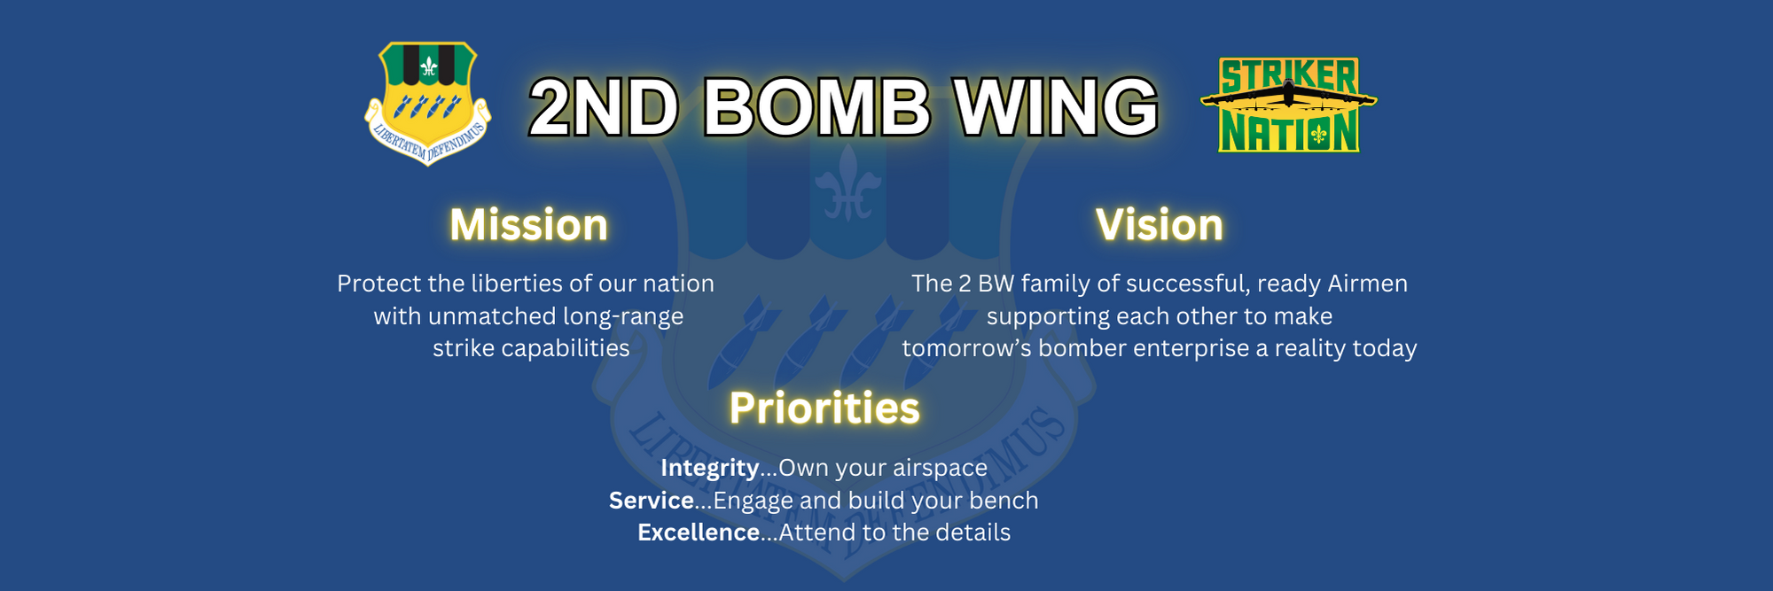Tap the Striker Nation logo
[x=1288, y=105]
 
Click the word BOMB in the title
[x=816, y=107]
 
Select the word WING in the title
[x=1056, y=107]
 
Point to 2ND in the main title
[x=604, y=107]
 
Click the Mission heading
[x=529, y=225]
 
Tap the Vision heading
[x=1160, y=225]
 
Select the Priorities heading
[x=824, y=408]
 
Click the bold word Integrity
[x=709, y=468]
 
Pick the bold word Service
[x=651, y=501]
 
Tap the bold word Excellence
[x=699, y=533]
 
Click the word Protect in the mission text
[x=379, y=284]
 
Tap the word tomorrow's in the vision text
[x=967, y=349]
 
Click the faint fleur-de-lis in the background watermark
[x=848, y=183]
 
